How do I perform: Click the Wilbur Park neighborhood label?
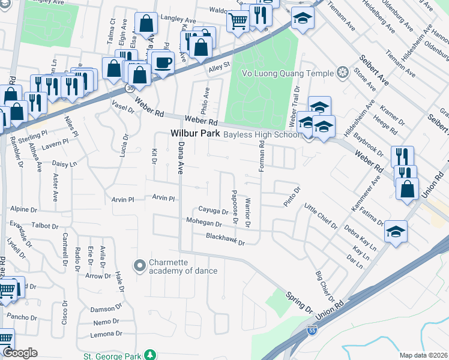pos(195,134)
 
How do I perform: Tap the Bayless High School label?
pos(261,134)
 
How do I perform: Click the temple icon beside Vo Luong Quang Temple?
pos(342,73)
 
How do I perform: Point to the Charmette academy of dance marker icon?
pos(139,265)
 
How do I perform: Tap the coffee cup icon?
pos(163,62)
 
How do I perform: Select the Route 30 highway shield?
pos(130,88)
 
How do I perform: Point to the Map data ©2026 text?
pos(423,355)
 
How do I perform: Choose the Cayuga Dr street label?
pos(214,211)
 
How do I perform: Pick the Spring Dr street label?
pos(299,302)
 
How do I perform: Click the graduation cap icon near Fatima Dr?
pos(396,231)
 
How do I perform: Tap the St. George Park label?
pos(112,356)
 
